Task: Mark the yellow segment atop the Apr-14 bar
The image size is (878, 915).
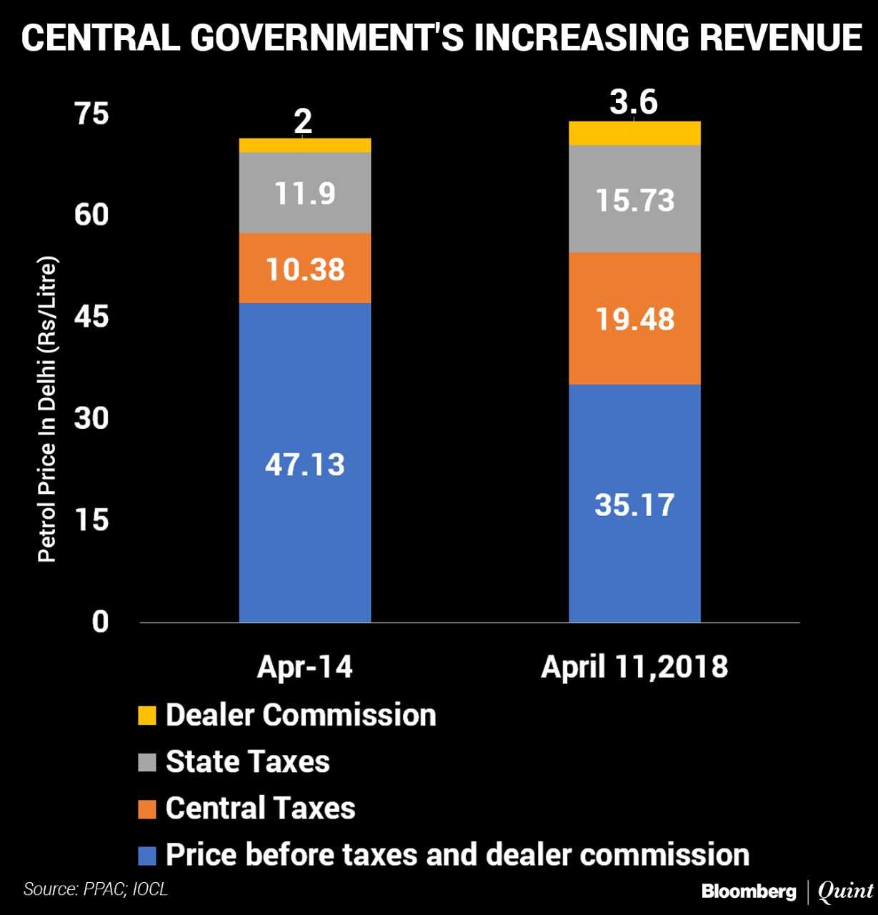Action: pyautogui.click(x=305, y=145)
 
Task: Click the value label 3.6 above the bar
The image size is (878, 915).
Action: pyautogui.click(x=634, y=102)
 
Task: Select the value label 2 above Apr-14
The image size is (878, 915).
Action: pyautogui.click(x=303, y=122)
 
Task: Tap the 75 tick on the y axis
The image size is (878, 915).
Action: pyautogui.click(x=92, y=114)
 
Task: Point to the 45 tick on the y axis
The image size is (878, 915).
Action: pyautogui.click(x=92, y=316)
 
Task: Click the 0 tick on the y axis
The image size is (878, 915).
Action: pyautogui.click(x=100, y=621)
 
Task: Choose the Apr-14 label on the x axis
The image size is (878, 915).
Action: pyautogui.click(x=305, y=667)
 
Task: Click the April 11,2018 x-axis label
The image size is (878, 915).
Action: pyautogui.click(x=634, y=667)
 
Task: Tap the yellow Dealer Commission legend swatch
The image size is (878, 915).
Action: pyautogui.click(x=147, y=716)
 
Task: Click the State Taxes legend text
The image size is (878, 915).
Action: pyautogui.click(x=248, y=762)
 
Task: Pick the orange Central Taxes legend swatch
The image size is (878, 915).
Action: pyautogui.click(x=147, y=809)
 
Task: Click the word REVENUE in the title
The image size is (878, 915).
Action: pyautogui.click(x=780, y=37)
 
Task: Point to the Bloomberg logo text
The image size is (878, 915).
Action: pyautogui.click(x=748, y=891)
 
